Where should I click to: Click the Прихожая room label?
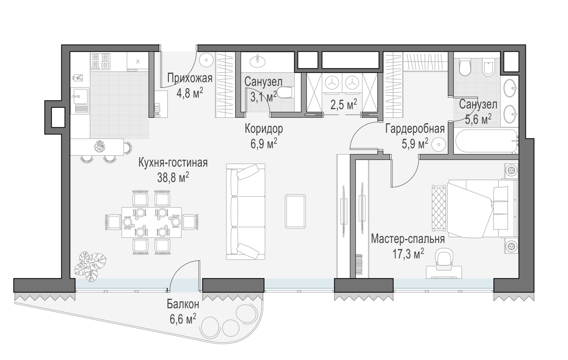point(190,78)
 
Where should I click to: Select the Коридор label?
point(264,129)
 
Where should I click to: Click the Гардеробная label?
point(415,129)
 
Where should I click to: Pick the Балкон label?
point(183,304)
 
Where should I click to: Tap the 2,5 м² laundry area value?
point(343,104)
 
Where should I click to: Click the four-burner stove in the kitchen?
point(100,61)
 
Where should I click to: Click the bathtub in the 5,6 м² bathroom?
point(486,141)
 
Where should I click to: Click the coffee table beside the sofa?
point(295,212)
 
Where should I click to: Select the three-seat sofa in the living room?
point(245,212)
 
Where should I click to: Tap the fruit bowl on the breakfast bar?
point(99,146)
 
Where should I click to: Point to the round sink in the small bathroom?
point(257,62)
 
